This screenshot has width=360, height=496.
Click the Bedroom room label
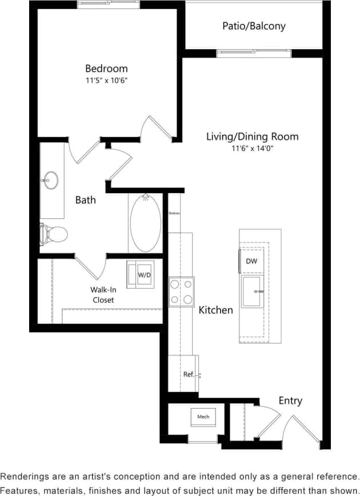pos(107,69)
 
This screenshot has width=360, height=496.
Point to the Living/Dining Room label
pos(252,137)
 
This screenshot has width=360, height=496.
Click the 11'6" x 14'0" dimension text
pos(252,149)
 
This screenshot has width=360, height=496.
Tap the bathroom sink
pos(50,180)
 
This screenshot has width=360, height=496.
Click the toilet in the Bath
pos(55,233)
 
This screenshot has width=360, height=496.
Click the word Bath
pos(86,200)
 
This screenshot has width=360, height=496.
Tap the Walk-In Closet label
pos(102,295)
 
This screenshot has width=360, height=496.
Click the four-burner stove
pos(181,291)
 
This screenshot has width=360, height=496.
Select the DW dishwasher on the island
pos(251,261)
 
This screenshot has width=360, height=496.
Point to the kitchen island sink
pos(252,291)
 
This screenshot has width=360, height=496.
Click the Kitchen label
pos(216,310)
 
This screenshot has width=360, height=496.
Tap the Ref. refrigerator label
pos(189,374)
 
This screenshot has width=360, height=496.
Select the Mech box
pos(203,417)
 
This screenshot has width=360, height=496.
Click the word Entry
pos(290,401)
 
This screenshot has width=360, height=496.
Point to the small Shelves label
pos(174,213)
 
